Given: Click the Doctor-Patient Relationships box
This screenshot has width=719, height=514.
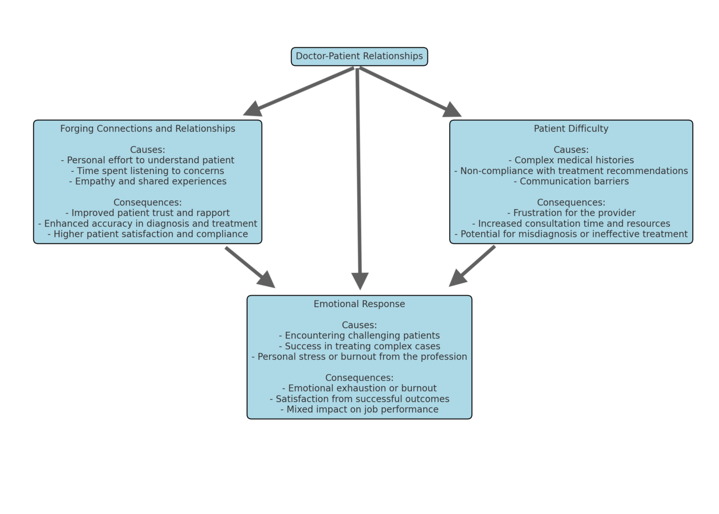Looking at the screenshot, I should click(359, 56).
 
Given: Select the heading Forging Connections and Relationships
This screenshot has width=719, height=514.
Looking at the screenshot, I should click(147, 129).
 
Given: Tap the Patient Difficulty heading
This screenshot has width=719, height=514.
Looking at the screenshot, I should click(571, 129).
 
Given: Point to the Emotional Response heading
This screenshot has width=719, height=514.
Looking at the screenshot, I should click(359, 304).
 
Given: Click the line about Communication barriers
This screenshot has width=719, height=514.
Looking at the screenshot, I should click(571, 181).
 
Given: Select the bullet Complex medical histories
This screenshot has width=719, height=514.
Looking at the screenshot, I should click(571, 160).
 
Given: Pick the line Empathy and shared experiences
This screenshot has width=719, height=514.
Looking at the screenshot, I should click(147, 181).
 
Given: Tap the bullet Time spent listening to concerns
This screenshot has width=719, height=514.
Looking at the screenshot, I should click(147, 171).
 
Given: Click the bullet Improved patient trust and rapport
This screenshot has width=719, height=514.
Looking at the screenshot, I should click(147, 213).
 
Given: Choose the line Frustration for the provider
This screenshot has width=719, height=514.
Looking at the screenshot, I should click(571, 213).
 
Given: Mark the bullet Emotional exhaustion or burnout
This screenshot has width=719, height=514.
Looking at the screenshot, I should click(359, 388).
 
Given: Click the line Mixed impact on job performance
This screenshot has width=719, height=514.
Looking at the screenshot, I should click(359, 409).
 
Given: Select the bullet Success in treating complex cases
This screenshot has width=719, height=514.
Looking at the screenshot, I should click(359, 346).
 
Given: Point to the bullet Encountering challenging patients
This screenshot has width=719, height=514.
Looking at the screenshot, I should click(359, 336).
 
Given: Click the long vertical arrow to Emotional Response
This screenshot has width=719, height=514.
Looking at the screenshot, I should click(359, 178).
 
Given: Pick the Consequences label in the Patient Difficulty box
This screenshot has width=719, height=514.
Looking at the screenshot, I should click(571, 202).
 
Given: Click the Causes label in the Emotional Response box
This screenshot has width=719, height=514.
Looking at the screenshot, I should click(359, 325).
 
